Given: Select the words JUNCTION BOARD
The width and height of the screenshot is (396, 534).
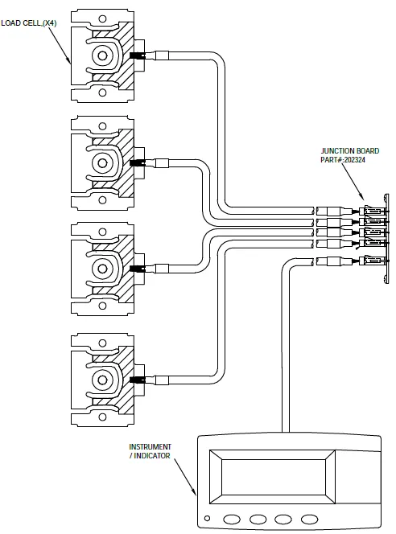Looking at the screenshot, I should point(349,150).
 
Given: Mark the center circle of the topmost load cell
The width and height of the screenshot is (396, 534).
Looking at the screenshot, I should point(102,55).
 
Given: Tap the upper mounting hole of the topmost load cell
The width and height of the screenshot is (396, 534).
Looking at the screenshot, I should point(102,18).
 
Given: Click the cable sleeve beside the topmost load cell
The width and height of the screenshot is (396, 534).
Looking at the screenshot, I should point(162,56).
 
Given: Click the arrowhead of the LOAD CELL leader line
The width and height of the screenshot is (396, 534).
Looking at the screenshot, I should point(71,61).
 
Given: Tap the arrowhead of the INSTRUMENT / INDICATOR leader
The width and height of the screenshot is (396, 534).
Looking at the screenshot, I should point(196,493).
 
